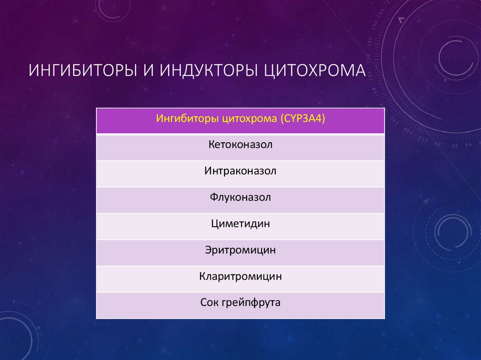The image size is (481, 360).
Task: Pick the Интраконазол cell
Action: pos(240,171)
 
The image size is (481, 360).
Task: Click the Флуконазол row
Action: pos(240,198)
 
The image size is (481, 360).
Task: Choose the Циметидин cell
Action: pos(240,224)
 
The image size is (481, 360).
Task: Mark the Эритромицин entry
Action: pos(240,250)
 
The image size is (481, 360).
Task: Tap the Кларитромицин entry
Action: pos(240,276)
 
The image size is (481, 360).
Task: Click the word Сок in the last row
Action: pos(210,303)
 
